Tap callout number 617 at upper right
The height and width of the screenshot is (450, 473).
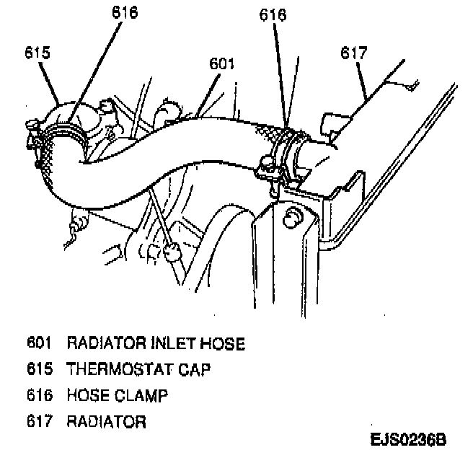pyautogui.click(x=354, y=53)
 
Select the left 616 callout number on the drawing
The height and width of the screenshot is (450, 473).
pyautogui.click(x=125, y=12)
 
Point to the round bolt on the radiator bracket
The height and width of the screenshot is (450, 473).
pyautogui.click(x=292, y=217)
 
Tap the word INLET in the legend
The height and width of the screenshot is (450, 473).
pyautogui.click(x=162, y=343)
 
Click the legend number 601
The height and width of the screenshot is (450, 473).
pyautogui.click(x=40, y=343)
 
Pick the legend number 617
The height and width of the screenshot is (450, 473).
pyautogui.click(x=40, y=421)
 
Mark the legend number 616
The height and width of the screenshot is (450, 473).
pyautogui.click(x=40, y=394)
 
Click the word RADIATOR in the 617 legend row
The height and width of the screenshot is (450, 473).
pyautogui.click(x=106, y=421)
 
